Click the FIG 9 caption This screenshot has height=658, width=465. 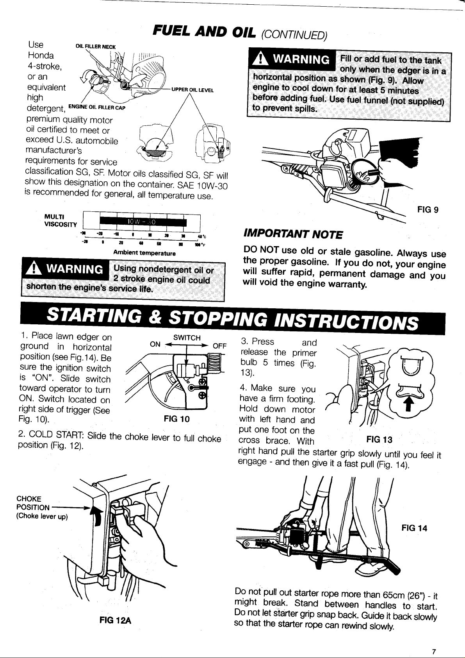[428, 209]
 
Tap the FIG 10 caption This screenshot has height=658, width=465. [177, 419]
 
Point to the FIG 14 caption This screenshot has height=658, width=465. [414, 528]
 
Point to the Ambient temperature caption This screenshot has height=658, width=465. [144, 253]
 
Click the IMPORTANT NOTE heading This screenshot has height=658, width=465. [293, 234]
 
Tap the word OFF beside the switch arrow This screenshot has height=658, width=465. [219, 346]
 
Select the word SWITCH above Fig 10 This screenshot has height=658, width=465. [187, 338]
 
